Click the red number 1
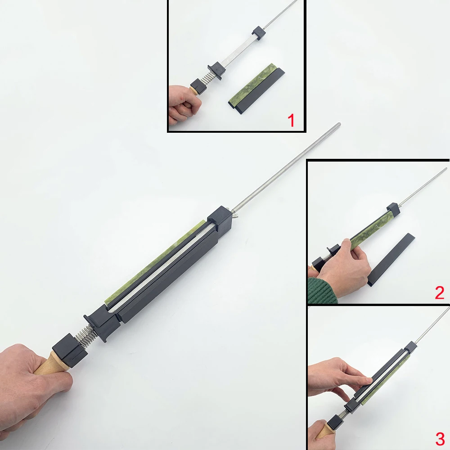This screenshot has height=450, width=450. tap(291, 121)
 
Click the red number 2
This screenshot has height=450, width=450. tap(439, 293)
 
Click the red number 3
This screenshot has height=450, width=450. tap(440, 439)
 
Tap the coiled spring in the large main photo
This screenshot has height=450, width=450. tap(85, 334)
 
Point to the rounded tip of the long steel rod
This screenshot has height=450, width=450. tap(339, 124)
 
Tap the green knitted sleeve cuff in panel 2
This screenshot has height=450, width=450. tap(322, 291)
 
